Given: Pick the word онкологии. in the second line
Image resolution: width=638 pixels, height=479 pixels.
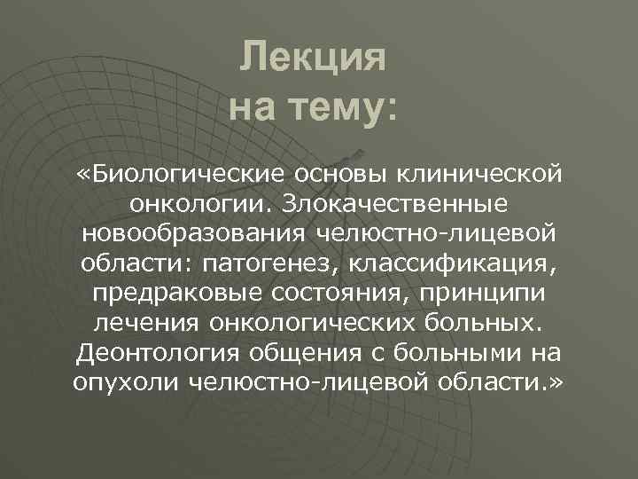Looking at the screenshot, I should click(201, 203).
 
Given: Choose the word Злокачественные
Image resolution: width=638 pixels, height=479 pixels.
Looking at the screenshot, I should click(394, 203).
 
